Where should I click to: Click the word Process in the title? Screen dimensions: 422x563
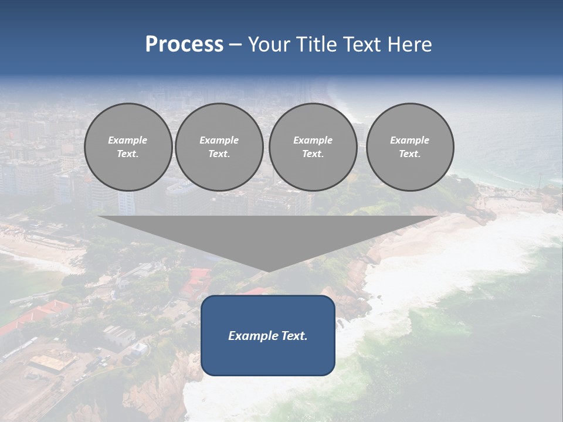(184, 45)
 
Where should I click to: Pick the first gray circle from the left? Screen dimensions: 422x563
(128, 147)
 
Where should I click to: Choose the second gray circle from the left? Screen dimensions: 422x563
(219, 147)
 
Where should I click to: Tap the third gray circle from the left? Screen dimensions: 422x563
(313, 147)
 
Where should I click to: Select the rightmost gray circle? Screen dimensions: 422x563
(410, 147)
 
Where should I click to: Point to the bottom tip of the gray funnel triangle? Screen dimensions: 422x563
(268, 271)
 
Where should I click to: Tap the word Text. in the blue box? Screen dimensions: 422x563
(294, 336)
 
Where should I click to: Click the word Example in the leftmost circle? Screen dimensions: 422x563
(128, 140)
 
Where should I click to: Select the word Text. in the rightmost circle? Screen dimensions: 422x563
(410, 154)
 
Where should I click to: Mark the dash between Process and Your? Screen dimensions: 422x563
(235, 45)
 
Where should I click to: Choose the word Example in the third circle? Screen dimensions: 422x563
(313, 140)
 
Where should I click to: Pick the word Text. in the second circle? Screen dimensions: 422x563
(219, 154)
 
